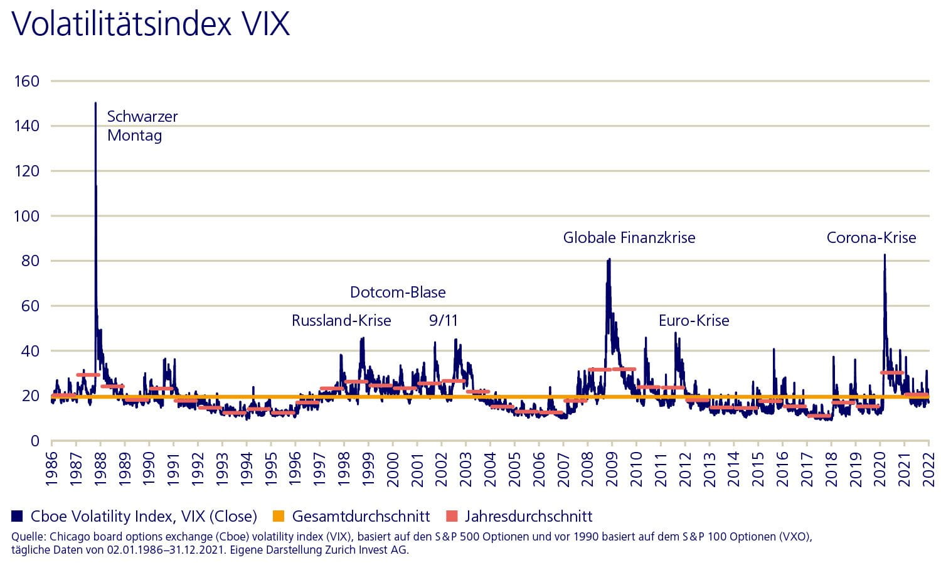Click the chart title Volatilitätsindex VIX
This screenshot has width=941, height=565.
tap(151, 25)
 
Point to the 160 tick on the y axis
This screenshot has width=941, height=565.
tap(26, 81)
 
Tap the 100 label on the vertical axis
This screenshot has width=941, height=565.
tap(26, 216)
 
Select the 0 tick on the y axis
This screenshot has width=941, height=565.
tap(35, 441)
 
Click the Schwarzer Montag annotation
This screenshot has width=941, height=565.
tap(142, 126)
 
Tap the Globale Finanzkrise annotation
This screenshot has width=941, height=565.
tap(629, 238)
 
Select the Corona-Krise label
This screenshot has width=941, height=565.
tap(871, 238)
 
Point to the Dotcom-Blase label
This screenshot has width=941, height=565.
tap(398, 293)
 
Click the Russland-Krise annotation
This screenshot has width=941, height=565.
tap(341, 321)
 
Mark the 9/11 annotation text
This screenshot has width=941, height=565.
tap(444, 321)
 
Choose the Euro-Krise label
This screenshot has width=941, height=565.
tap(694, 321)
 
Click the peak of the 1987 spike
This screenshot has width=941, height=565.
tap(95, 103)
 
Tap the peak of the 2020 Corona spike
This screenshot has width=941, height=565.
tap(885, 255)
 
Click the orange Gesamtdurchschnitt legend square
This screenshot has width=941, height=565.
tap(279, 517)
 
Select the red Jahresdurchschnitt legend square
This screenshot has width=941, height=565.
tap(451, 517)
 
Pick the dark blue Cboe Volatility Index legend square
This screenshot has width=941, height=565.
tap(17, 517)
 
